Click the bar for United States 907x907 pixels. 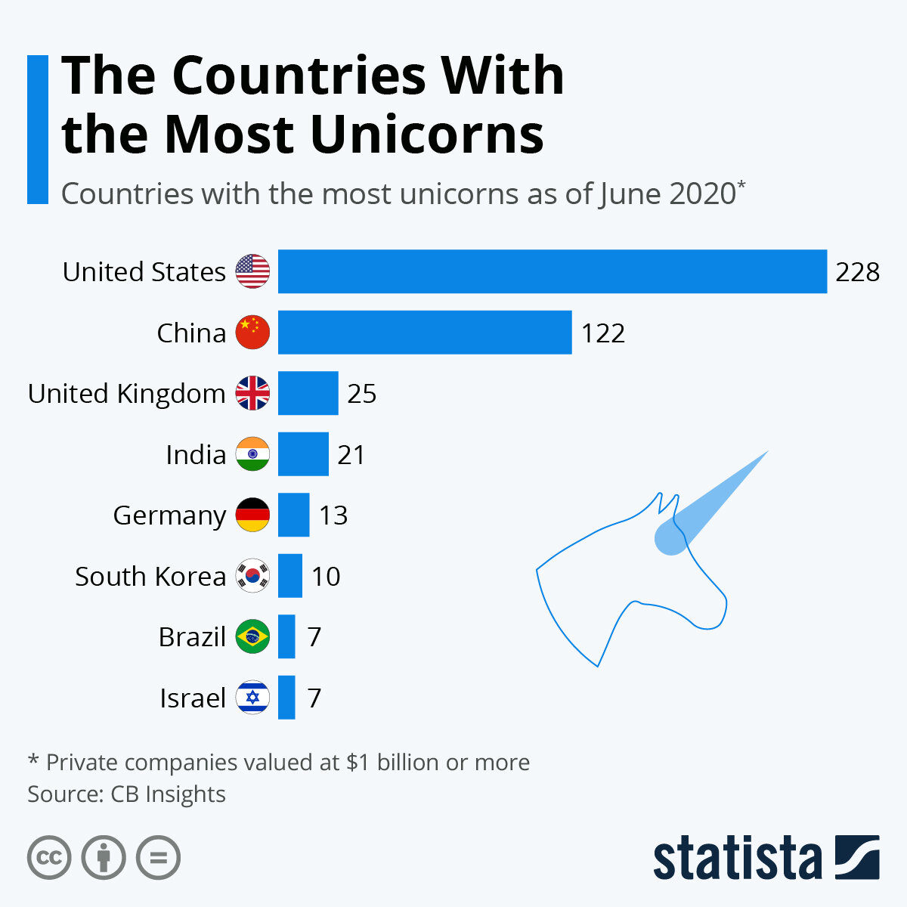click(x=552, y=271)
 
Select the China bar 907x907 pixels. click(x=425, y=333)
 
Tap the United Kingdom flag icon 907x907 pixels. click(x=252, y=393)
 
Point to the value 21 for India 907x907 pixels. click(x=351, y=454)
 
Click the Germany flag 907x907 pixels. click(x=252, y=515)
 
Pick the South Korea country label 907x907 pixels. click(x=150, y=576)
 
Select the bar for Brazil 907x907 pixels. click(x=286, y=636)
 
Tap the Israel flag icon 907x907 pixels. click(x=252, y=697)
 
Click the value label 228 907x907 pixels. click(x=857, y=271)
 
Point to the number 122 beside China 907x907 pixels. click(x=603, y=333)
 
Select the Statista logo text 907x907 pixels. click(x=737, y=858)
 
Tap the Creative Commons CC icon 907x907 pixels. click(x=49, y=858)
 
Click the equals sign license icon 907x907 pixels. click(x=159, y=858)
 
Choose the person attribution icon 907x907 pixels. click(x=104, y=858)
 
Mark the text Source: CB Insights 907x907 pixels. click(x=126, y=794)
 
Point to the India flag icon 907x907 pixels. click(x=252, y=454)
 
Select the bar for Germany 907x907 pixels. click(x=293, y=515)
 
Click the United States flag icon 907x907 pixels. click(x=252, y=271)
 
